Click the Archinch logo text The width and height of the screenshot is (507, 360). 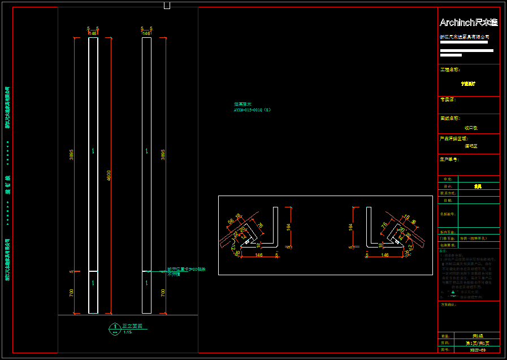(x=469, y=23)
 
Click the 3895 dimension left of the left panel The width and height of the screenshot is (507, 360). (x=72, y=154)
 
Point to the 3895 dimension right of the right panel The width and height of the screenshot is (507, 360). (x=163, y=154)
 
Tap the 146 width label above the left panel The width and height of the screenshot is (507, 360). (x=93, y=33)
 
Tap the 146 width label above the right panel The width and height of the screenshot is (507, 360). (x=146, y=33)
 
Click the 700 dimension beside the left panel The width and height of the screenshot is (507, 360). (x=72, y=293)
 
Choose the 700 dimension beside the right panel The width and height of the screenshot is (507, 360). (x=163, y=293)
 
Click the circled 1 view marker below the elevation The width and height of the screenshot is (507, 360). (x=115, y=327)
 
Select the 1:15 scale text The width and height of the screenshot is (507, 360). (x=128, y=332)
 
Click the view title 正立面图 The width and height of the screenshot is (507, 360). (x=132, y=326)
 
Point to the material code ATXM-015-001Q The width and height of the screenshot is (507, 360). (x=252, y=110)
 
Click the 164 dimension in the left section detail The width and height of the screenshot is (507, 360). (x=288, y=227)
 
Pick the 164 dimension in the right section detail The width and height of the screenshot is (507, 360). (x=352, y=227)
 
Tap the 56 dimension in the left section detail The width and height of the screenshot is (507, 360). (x=231, y=221)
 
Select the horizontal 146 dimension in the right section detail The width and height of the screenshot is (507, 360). (x=385, y=255)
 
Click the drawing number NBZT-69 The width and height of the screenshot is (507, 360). (x=478, y=350)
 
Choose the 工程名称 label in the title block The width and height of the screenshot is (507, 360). (x=450, y=70)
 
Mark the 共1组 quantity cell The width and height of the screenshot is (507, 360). (x=478, y=336)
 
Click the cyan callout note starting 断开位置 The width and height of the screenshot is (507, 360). (x=186, y=269)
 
